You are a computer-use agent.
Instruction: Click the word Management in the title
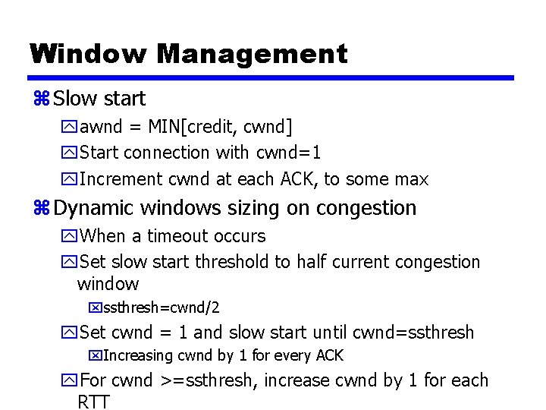pyautogui.click(x=252, y=54)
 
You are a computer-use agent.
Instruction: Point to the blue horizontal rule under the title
pyautogui.click(x=271, y=77)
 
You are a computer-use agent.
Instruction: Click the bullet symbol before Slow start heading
pyautogui.click(x=42, y=99)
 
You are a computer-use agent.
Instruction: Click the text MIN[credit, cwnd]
pyautogui.click(x=221, y=125)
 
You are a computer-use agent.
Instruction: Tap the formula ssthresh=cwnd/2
pyautogui.click(x=161, y=308)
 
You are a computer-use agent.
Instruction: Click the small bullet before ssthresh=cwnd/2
pyautogui.click(x=95, y=308)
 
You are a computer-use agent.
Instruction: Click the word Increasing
pyautogui.click(x=137, y=355)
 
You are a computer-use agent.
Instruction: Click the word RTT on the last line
pyautogui.click(x=94, y=402)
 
